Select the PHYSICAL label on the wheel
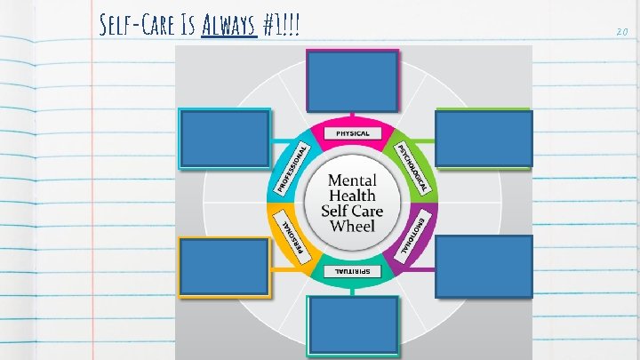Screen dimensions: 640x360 [x=352, y=134]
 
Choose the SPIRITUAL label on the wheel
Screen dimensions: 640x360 [x=352, y=268]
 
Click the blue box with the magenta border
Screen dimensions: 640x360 [x=353, y=78]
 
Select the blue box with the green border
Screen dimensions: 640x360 [x=484, y=138]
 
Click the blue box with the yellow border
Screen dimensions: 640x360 [x=223, y=266]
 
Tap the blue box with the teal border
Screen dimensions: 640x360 [x=353, y=326]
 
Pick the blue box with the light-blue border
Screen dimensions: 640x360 [x=224, y=138]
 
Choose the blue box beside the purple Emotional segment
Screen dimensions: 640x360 [x=484, y=266]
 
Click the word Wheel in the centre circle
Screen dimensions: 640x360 [x=352, y=226]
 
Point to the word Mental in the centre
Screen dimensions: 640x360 [x=352, y=180]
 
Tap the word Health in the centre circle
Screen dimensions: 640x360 [x=352, y=195]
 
